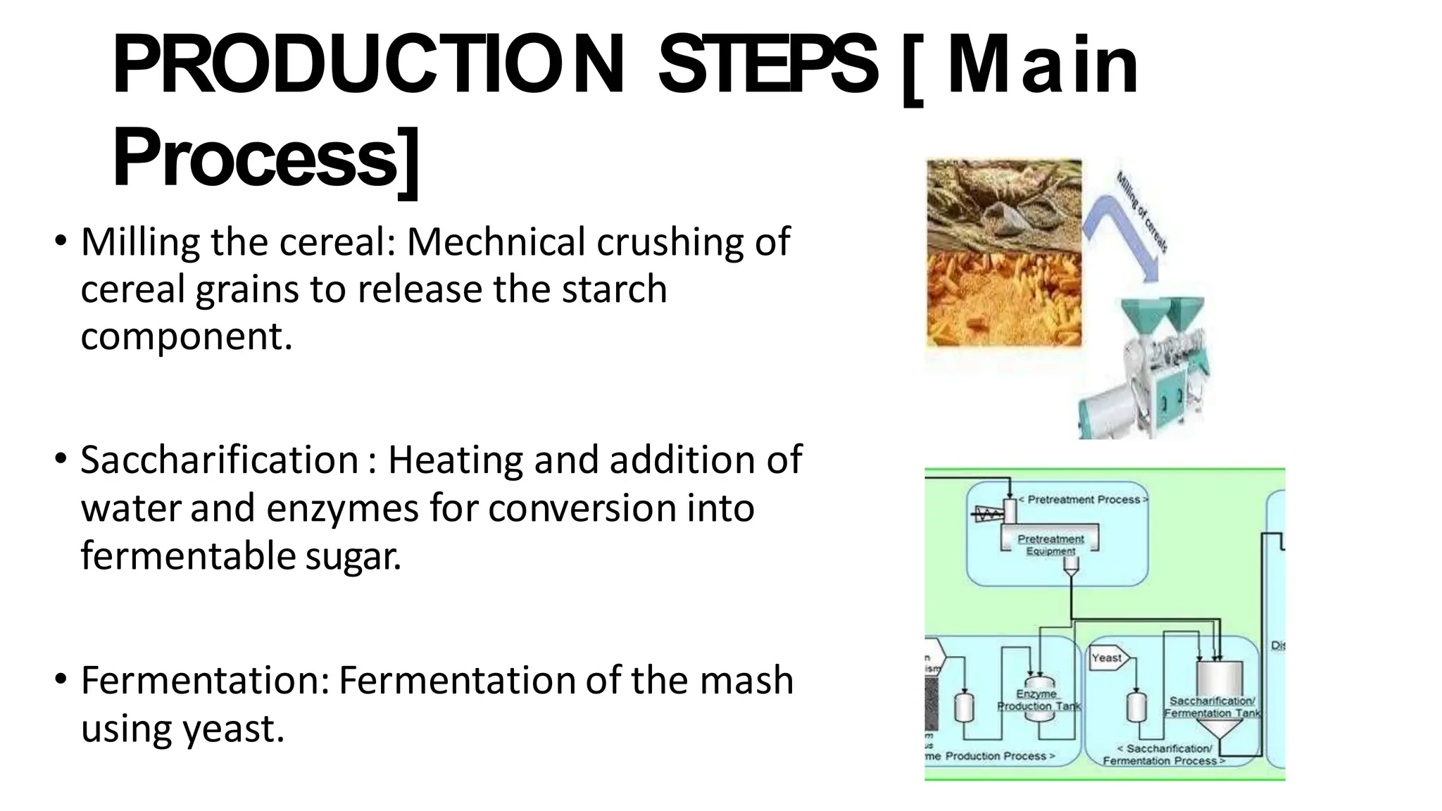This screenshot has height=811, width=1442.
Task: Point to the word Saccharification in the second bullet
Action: [x=220, y=460]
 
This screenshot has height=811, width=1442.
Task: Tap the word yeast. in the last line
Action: [x=233, y=729]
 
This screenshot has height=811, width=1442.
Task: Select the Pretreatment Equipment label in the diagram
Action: [x=1051, y=544]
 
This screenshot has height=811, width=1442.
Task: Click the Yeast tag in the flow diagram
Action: [x=1107, y=658]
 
